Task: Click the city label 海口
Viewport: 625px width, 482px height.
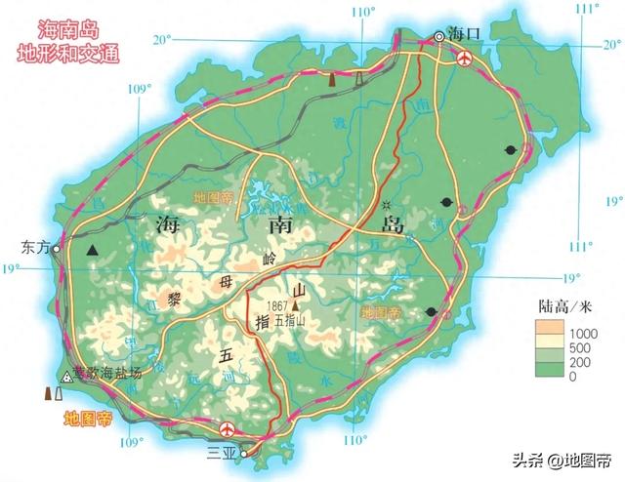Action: pos(469,32)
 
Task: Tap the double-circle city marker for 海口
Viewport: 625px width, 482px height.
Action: pos(439,36)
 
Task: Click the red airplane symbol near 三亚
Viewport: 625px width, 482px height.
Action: pos(228,428)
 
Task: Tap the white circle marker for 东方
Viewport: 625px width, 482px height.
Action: pos(58,249)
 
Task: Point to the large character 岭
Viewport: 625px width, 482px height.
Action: pos(271,259)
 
